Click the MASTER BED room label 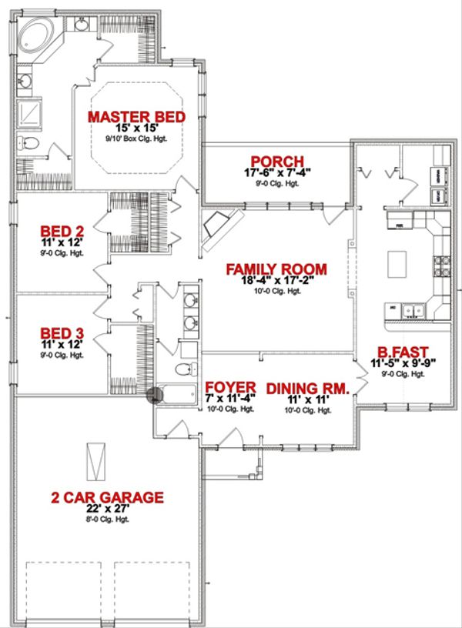(x=136, y=117)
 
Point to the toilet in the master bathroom (x=26, y=143)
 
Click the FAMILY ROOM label (x=276, y=269)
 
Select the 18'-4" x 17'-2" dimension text (x=276, y=282)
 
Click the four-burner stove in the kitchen (x=442, y=267)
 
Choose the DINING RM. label (x=308, y=389)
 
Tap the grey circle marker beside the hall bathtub (x=155, y=396)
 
